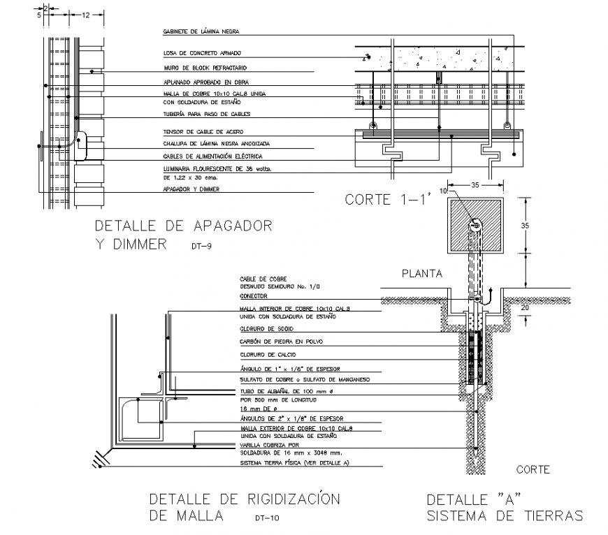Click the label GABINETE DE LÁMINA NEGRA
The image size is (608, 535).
[x=201, y=31]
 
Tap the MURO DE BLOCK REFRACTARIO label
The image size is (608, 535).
[x=205, y=68]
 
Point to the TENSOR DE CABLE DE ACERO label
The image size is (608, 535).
[x=203, y=131]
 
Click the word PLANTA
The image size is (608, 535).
[x=422, y=274]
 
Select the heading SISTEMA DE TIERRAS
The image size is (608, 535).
[x=504, y=516]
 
